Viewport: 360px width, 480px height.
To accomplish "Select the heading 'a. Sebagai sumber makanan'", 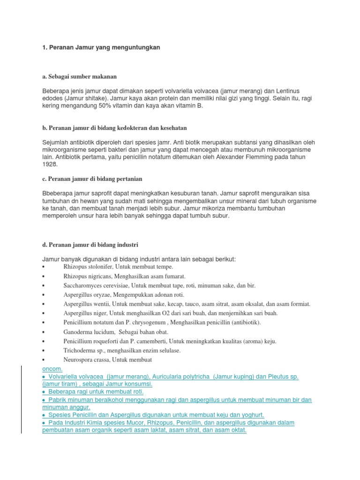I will pyautogui.click(x=79, y=76).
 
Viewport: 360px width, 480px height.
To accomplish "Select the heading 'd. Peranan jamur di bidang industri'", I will pyautogui.click(x=90, y=245).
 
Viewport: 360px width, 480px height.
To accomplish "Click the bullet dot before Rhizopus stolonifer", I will pyautogui.click(x=43, y=266).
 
